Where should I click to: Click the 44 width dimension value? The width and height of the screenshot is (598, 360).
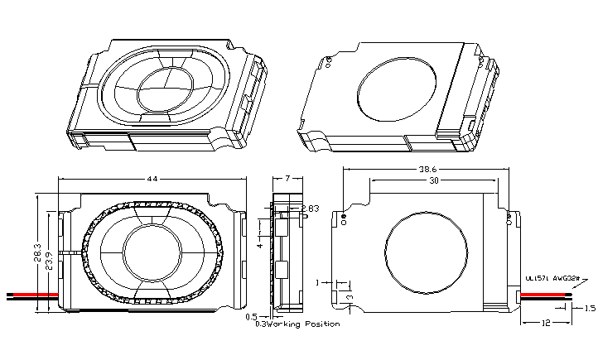(x=152, y=179)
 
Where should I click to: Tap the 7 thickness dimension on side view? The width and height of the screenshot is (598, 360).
(x=286, y=179)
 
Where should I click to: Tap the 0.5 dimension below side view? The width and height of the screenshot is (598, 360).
(x=250, y=316)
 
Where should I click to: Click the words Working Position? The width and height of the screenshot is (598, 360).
(x=308, y=324)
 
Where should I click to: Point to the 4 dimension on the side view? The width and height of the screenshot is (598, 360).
(x=259, y=246)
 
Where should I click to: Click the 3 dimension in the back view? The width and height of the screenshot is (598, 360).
(x=350, y=295)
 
